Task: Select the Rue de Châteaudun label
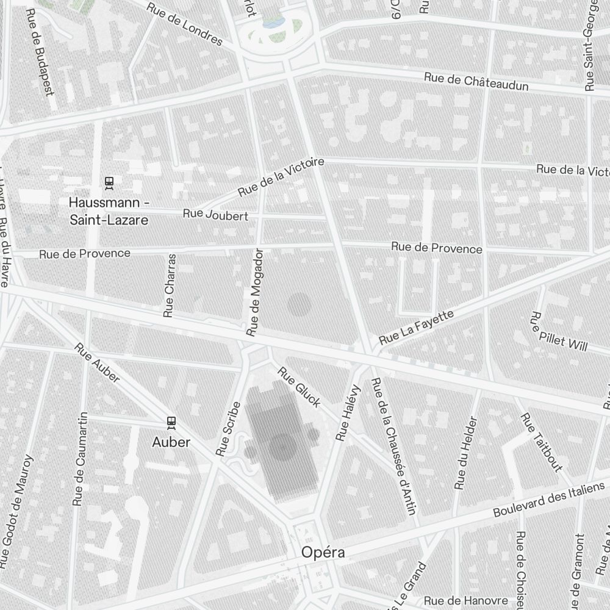click(x=476, y=81)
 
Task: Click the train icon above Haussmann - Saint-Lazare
click(x=109, y=181)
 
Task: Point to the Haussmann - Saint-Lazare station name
click(x=109, y=210)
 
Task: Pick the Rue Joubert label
click(x=215, y=215)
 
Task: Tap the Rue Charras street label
click(x=170, y=285)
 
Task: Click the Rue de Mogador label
click(x=254, y=292)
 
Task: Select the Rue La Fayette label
click(x=417, y=327)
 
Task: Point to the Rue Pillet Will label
click(x=559, y=332)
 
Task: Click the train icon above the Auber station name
click(x=171, y=422)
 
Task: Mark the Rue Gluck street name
click(x=299, y=387)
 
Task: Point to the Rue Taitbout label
click(x=540, y=442)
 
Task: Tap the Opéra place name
click(x=323, y=553)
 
